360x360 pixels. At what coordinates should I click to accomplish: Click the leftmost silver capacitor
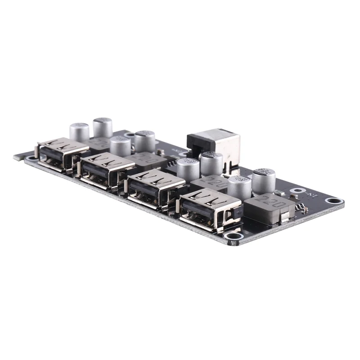(x=79, y=131)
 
